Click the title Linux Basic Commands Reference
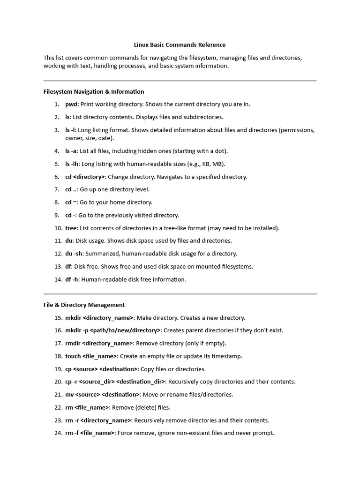coord(180,45)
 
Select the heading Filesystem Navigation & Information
coord(94,91)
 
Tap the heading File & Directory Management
coord(84,305)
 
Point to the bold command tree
coord(70,228)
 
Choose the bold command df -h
coord(72,279)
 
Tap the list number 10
coord(58,228)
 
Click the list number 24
coord(58,433)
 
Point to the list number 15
coord(58,318)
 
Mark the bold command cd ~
coord(70,202)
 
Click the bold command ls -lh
coord(72,164)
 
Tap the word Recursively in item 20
coord(185,382)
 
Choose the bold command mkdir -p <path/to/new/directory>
coord(112,330)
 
